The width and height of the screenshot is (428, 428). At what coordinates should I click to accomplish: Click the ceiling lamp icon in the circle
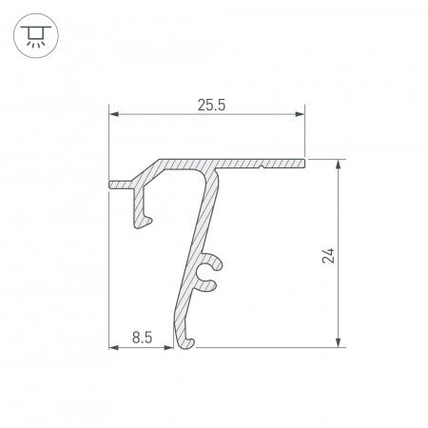coord(35,36)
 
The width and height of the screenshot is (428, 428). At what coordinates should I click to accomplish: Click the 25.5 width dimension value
coord(210,106)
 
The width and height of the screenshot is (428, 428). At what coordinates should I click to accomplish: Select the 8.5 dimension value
coord(143,336)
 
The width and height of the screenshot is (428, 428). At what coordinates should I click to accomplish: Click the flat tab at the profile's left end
coord(121,183)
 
